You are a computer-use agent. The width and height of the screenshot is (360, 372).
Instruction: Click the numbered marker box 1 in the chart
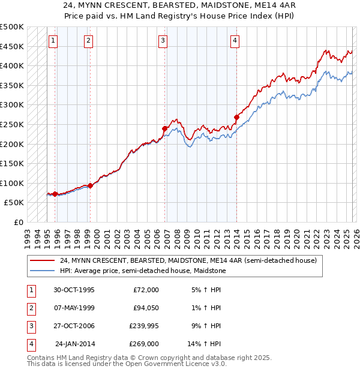[x=53, y=41]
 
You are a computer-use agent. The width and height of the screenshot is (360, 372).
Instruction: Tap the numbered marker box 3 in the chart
[x=163, y=41]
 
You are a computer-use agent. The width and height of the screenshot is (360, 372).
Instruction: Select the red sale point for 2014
[x=236, y=117]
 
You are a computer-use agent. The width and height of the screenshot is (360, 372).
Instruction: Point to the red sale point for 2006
[x=164, y=128]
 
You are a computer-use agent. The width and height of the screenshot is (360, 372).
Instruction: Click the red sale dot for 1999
[x=90, y=185]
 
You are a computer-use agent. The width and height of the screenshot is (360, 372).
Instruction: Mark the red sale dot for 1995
[x=55, y=194]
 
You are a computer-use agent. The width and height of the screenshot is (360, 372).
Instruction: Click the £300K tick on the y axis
[x=12, y=105]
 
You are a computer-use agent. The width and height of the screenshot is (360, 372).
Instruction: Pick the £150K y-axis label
[x=12, y=164]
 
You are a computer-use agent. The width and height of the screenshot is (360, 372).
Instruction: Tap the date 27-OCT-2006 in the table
[x=74, y=326]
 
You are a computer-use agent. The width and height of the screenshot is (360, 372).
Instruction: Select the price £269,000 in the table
[x=144, y=344]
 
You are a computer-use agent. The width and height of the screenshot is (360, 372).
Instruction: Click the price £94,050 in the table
[x=145, y=308]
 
